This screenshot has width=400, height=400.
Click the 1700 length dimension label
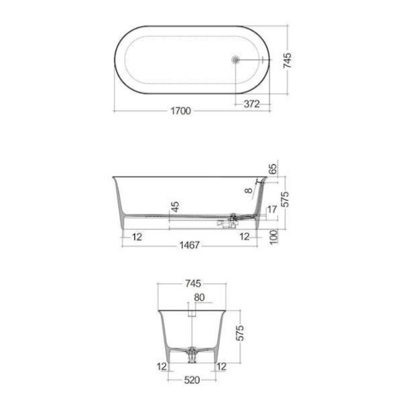point(181,111)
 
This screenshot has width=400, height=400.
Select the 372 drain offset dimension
point(252,104)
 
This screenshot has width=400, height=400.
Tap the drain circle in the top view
point(235,60)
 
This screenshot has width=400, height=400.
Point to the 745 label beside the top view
point(287,60)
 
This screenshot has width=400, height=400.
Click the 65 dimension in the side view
point(273,169)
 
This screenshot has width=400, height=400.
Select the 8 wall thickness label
point(249,191)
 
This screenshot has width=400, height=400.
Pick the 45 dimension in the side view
point(175,207)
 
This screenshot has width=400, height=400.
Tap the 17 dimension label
point(272,209)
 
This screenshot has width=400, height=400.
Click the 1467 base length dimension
point(189,245)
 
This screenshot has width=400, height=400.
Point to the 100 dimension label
point(273,237)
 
